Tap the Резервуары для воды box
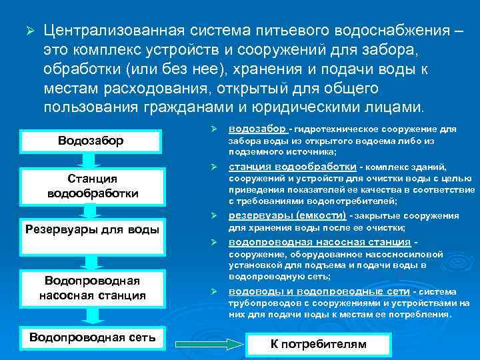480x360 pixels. coord(91,230)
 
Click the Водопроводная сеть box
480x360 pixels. coord(93,337)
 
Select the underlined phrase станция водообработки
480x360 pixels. coord(292,167)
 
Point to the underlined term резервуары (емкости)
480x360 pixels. coord(287,215)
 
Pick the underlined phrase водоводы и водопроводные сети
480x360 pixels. coord(319,291)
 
